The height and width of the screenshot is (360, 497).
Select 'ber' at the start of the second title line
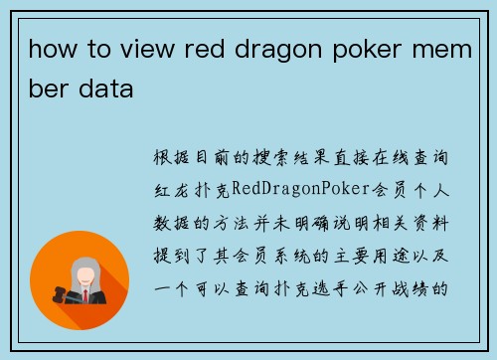click(49, 90)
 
